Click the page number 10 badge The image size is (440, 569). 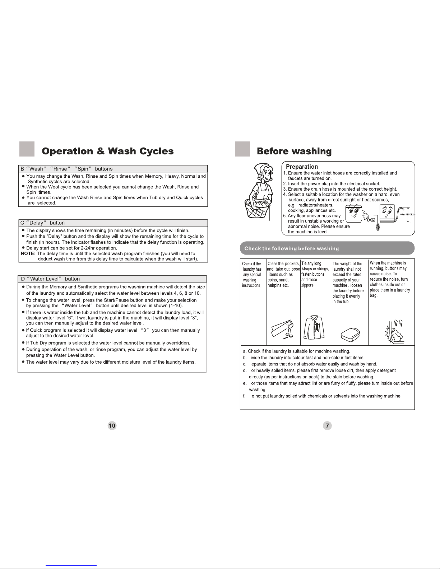(x=112, y=425)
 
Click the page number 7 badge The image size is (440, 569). (x=327, y=425)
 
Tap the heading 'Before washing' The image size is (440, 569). (x=294, y=151)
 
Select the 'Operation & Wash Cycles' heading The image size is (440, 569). (x=108, y=151)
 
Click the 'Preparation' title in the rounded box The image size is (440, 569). (x=302, y=167)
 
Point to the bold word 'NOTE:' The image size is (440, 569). (x=28, y=253)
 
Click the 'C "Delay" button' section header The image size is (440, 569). (x=42, y=223)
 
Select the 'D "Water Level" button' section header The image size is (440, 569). (x=50, y=279)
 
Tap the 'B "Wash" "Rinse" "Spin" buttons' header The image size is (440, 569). (x=66, y=169)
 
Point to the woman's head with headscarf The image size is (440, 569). (x=264, y=173)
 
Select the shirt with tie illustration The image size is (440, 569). (x=314, y=327)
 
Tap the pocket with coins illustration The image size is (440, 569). (x=282, y=329)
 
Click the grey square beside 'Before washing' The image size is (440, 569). (x=242, y=149)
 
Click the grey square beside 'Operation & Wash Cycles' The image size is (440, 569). (x=27, y=149)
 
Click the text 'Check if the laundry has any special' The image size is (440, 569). (x=252, y=269)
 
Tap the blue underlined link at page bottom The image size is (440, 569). (x=71, y=565)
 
